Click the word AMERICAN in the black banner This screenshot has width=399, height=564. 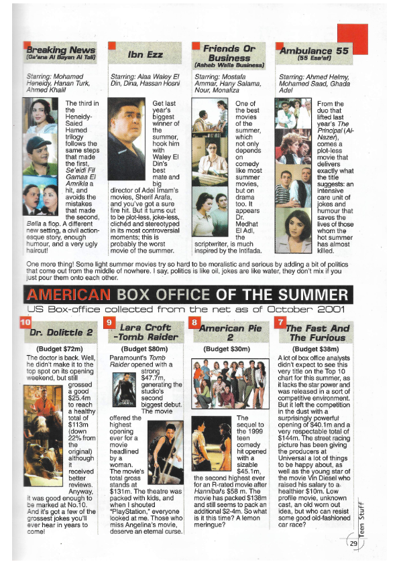coord(66,295)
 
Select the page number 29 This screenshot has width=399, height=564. coord(353,543)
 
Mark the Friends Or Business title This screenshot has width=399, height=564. coord(230,54)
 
